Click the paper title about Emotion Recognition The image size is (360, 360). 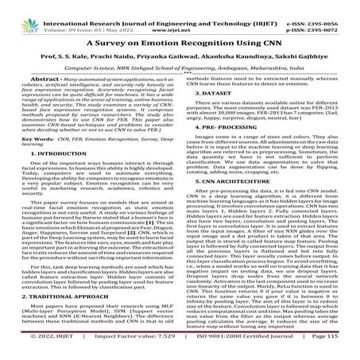point(180,41)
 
